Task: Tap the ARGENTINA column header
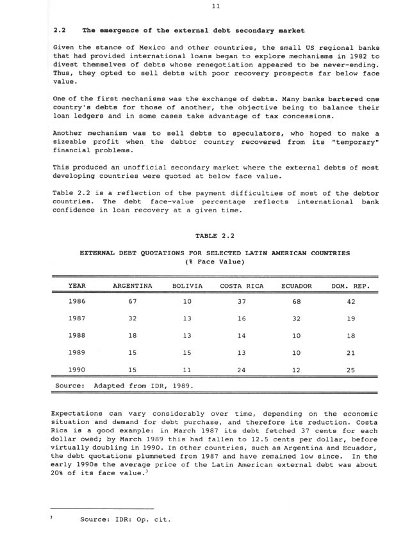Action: pyautogui.click(x=132, y=286)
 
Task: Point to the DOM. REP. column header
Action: pyautogui.click(x=350, y=286)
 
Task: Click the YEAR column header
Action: pyautogui.click(x=77, y=286)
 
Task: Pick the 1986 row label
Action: pyautogui.click(x=77, y=301)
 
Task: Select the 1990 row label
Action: pyautogui.click(x=77, y=370)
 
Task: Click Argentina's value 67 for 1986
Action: pyautogui.click(x=133, y=301)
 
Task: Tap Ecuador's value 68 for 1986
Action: pyautogui.click(x=297, y=301)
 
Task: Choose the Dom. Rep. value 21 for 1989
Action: pyautogui.click(x=350, y=352)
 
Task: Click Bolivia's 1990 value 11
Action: pyautogui.click(x=187, y=370)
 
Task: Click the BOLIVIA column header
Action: pyautogui.click(x=187, y=286)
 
